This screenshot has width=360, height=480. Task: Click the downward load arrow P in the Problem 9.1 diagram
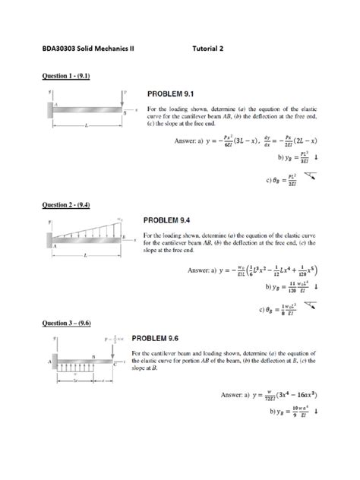[x=122, y=99]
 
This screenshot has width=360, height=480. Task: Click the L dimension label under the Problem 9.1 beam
[x=86, y=125]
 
